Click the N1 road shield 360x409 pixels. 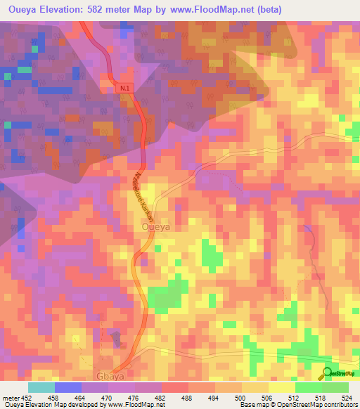[x=125, y=88]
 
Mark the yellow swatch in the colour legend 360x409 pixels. [x=281, y=387]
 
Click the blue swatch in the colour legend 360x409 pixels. [x=68, y=387]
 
